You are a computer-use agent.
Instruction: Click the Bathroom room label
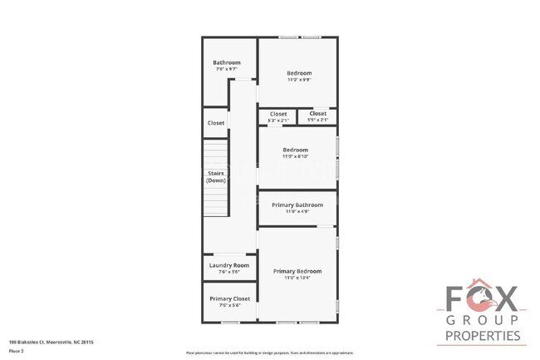[226, 62]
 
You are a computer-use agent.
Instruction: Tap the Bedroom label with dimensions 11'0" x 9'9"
[298, 72]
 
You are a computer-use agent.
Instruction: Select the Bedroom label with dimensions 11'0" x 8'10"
[295, 150]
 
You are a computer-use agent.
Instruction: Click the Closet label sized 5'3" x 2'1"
[278, 114]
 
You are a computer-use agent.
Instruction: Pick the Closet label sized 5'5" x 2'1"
[318, 113]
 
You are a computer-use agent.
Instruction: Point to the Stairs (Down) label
[216, 176]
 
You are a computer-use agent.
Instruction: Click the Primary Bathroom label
[297, 205]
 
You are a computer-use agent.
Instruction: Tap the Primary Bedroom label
[297, 271]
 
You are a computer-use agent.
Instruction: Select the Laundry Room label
[228, 265]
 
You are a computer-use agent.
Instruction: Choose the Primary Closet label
[229, 298]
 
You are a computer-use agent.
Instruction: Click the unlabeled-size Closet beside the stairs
[216, 123]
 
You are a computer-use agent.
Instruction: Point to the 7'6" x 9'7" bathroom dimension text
[226, 70]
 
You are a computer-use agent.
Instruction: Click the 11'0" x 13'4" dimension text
[297, 278]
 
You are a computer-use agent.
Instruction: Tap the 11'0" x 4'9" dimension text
[297, 211]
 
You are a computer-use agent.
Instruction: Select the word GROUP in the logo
[483, 320]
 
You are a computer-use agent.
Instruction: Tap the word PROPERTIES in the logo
[483, 336]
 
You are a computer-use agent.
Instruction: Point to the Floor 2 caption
[17, 351]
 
